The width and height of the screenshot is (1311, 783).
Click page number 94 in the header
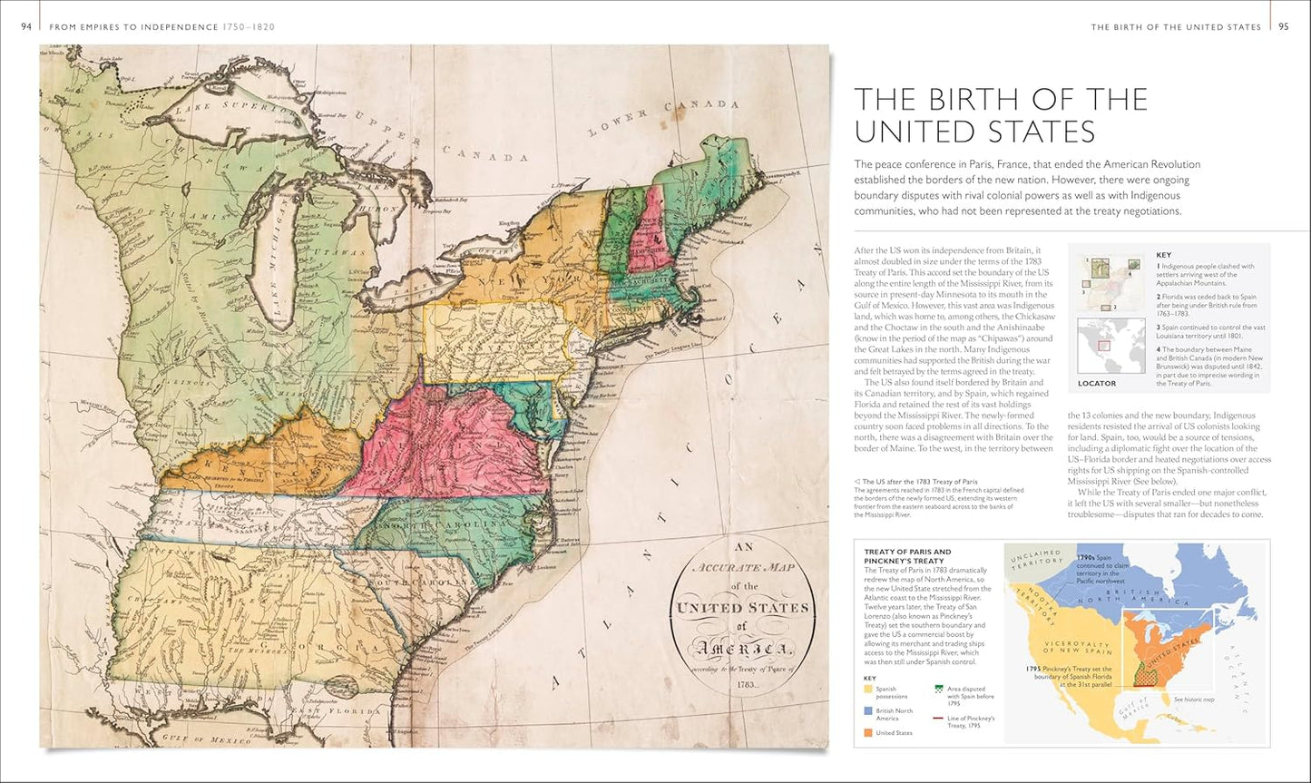[26, 27]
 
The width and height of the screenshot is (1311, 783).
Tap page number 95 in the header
[1283, 27]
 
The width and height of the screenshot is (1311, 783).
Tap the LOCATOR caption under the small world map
[1097, 384]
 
